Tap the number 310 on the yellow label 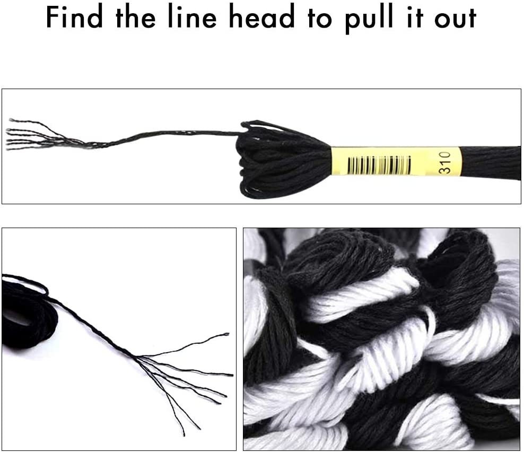pos(444,162)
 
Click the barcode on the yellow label pos(379,165)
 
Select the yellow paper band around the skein pos(395,161)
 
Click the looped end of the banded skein pos(276,158)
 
